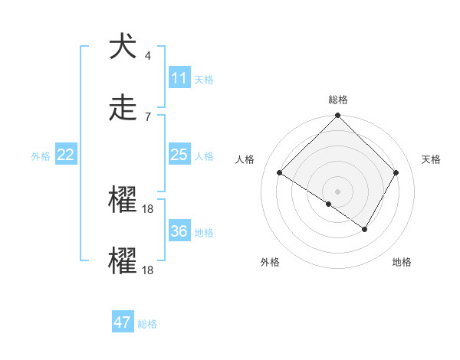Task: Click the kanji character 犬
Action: pyautogui.click(x=123, y=47)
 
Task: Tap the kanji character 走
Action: pyautogui.click(x=123, y=108)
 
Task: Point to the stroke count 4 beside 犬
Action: pyautogui.click(x=147, y=56)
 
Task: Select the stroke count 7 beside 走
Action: pyautogui.click(x=147, y=116)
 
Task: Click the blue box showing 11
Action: pyautogui.click(x=179, y=78)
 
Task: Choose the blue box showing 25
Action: pyautogui.click(x=179, y=155)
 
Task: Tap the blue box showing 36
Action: pyautogui.click(x=179, y=231)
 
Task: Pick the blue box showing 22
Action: pyautogui.click(x=66, y=155)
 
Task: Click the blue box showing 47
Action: pyautogui.click(x=123, y=322)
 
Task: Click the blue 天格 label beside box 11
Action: pyautogui.click(x=204, y=79)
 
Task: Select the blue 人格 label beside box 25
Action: pyautogui.click(x=204, y=156)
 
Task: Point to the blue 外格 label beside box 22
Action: pyautogui.click(x=41, y=156)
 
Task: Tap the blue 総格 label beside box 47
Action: pyautogui.click(x=147, y=324)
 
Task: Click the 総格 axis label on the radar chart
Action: pyautogui.click(x=338, y=100)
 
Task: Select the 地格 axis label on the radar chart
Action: pyautogui.click(x=402, y=263)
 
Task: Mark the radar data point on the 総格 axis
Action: pyautogui.click(x=338, y=116)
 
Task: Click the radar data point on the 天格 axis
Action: pyautogui.click(x=396, y=173)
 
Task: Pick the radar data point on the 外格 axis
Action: pyautogui.click(x=329, y=204)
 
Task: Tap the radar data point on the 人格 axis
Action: pyautogui.click(x=280, y=173)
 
